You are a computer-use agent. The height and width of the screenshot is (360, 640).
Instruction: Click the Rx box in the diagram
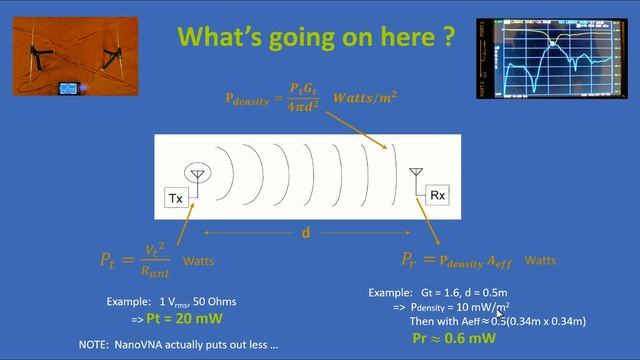pyautogui.click(x=437, y=195)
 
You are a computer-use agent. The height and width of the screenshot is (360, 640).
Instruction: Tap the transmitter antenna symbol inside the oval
pyautogui.click(x=197, y=175)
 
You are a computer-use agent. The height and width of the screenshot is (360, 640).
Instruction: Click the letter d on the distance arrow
pyautogui.click(x=306, y=233)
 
